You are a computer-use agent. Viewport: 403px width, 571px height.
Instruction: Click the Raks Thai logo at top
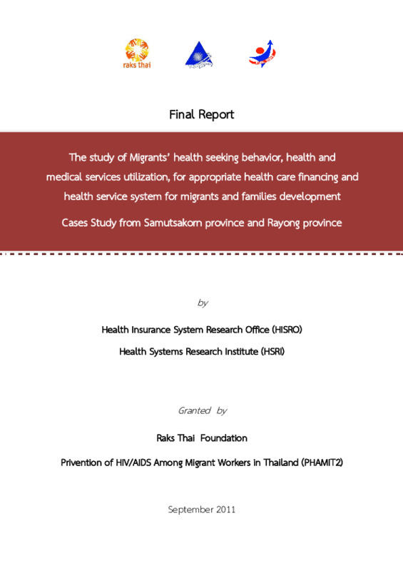tap(138, 53)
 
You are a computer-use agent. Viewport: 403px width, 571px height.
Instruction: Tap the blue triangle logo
tap(199, 54)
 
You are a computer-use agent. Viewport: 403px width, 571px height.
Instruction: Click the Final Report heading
tap(201, 114)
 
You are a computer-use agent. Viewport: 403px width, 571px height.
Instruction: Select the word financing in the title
tap(313, 176)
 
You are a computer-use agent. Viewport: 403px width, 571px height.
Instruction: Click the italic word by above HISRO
tap(202, 303)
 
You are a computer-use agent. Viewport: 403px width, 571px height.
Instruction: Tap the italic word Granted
tap(193, 410)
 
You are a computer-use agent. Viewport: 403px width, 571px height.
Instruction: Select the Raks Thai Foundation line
tap(201, 438)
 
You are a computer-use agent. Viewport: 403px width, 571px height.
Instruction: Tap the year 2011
tap(224, 510)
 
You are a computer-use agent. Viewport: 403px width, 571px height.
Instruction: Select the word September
tap(190, 510)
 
